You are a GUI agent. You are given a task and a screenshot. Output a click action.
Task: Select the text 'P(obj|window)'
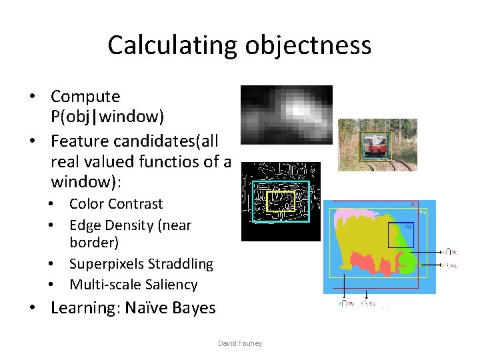[107, 117]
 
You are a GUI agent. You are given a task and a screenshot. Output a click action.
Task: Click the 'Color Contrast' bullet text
[116, 204]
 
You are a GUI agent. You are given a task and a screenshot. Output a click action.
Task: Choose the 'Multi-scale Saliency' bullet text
[133, 285]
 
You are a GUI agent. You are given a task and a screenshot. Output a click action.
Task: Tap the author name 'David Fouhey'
[240, 343]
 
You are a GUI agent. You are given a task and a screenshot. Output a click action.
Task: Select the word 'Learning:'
[81, 308]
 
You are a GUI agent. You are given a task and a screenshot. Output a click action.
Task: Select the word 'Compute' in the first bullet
[85, 97]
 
